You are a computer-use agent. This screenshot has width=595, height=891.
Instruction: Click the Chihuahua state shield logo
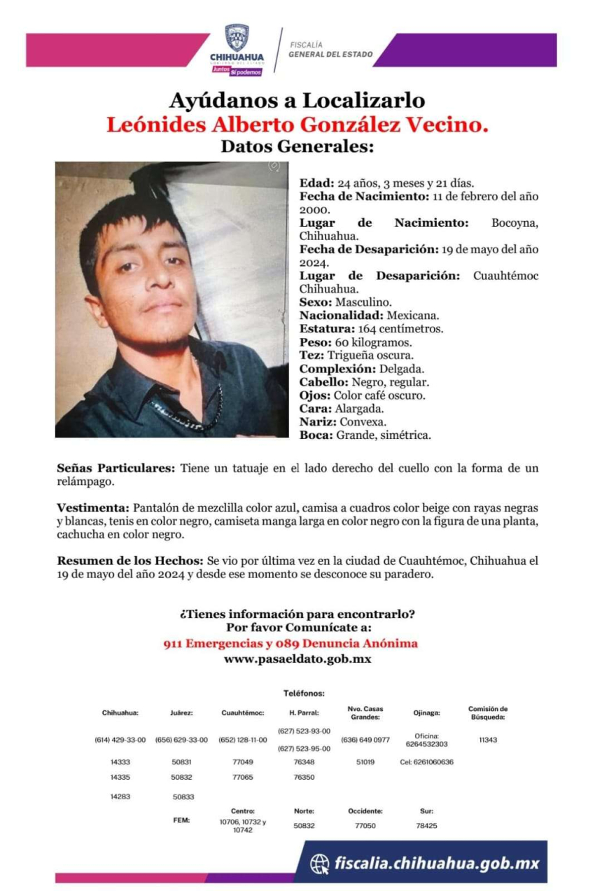[236, 36]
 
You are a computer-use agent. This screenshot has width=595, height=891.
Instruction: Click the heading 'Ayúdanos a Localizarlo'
[297, 101]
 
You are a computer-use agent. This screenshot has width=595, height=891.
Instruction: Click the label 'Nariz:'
[318, 422]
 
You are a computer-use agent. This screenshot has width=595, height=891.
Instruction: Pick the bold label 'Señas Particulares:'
[115, 468]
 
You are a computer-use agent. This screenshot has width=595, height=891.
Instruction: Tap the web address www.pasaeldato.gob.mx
[297, 659]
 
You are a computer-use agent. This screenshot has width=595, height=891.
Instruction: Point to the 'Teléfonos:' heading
[304, 693]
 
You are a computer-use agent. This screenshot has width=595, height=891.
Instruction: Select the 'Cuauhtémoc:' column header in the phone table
[243, 713]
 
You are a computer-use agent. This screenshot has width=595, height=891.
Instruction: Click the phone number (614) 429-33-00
[120, 740]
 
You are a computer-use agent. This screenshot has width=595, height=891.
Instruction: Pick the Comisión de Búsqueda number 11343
[488, 740]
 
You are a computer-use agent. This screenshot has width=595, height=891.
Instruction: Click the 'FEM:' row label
[181, 820]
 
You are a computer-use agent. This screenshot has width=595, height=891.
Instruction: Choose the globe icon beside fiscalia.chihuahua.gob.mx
[319, 863]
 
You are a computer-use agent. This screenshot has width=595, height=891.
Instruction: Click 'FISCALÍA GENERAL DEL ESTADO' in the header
[330, 50]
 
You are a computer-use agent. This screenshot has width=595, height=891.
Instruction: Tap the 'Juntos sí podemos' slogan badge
[237, 71]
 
